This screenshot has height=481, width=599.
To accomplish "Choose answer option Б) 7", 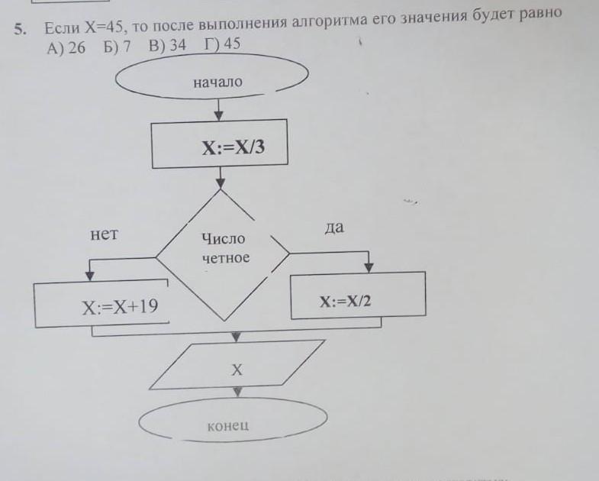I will [x=118, y=46].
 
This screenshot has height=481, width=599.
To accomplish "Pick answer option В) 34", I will [x=167, y=44].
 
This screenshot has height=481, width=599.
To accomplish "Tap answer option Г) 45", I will [x=222, y=44].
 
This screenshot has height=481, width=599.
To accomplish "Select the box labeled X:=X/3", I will [x=220, y=145].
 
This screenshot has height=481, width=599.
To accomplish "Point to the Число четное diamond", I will [x=224, y=249].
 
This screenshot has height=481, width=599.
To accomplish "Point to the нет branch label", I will [x=105, y=234].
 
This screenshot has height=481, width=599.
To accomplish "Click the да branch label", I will [x=333, y=228].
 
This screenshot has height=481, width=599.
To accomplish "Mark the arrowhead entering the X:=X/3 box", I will [x=219, y=116].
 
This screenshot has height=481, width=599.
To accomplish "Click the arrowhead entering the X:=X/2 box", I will [x=369, y=267].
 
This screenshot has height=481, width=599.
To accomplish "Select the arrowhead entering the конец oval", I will [x=237, y=392].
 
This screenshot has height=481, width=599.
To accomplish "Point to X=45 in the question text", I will [x=103, y=27].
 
